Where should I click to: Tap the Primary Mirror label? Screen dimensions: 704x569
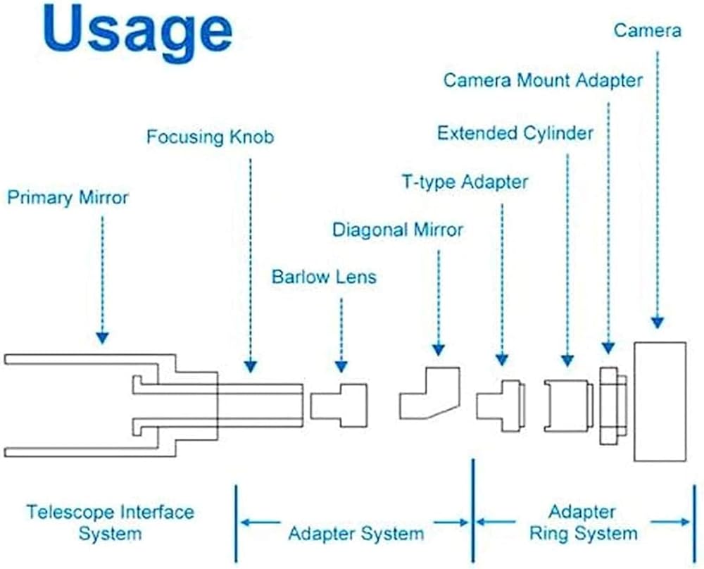68,198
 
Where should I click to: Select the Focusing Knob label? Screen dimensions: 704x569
210,137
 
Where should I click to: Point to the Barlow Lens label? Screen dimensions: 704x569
324,277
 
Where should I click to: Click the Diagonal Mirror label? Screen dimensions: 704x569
397,230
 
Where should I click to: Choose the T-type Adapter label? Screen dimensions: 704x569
465,182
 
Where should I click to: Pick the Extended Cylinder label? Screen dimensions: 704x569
515,133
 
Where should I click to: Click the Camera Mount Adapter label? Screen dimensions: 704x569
543,81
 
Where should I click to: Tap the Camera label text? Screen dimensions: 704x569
648,30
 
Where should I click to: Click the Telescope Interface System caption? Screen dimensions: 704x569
110,523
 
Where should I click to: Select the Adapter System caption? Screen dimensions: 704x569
356,534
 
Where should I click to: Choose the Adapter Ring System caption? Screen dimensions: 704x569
583,523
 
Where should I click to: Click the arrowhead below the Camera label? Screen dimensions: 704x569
658,323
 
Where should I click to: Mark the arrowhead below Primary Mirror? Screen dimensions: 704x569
102,338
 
